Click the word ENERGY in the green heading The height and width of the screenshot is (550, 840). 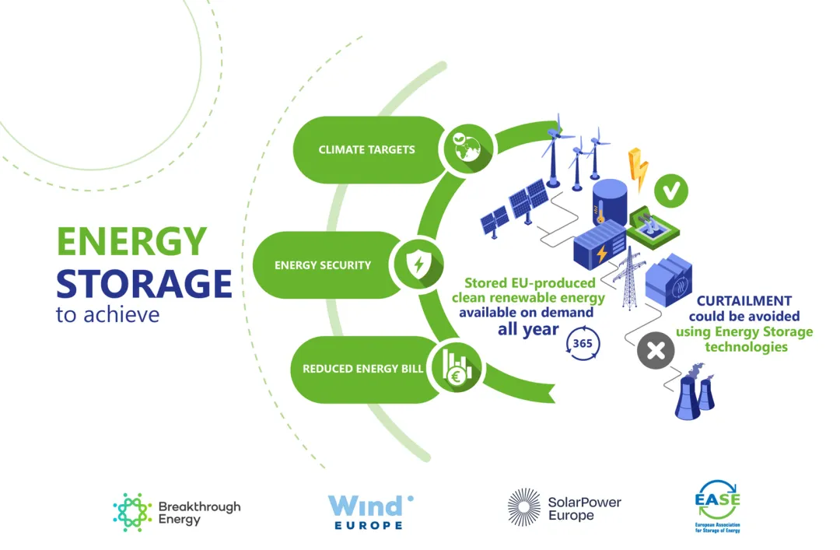131,242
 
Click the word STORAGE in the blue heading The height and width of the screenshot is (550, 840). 144,284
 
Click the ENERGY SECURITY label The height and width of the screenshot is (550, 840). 323,265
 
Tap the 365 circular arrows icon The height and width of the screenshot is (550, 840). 580,342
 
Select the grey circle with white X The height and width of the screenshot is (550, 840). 656,351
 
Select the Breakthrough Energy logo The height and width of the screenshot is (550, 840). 177,513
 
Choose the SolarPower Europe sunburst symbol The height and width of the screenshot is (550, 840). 523,508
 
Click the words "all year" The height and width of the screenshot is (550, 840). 528,329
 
